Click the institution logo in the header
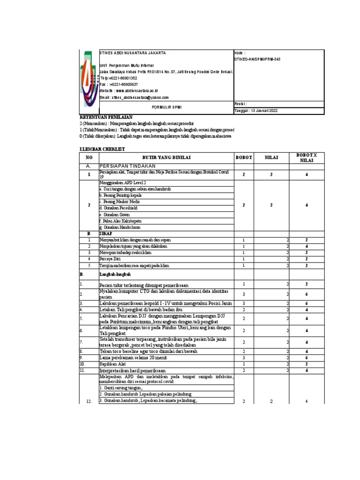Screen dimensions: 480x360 coord(88,79)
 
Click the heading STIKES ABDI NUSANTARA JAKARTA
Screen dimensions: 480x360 coord(132,53)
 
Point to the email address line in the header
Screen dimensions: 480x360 coord(134,97)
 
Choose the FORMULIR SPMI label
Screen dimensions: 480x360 coord(166,106)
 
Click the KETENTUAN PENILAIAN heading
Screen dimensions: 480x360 coord(106,117)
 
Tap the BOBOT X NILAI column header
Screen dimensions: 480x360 coord(306,157)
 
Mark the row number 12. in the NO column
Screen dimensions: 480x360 coord(89,402)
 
